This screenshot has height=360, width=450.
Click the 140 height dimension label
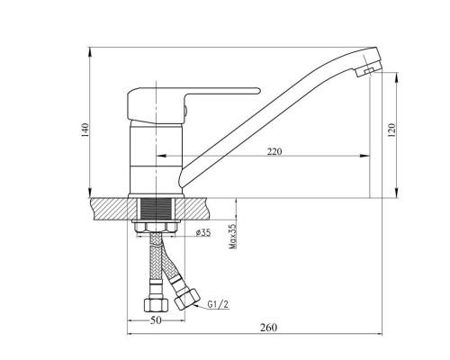pyautogui.click(x=85, y=130)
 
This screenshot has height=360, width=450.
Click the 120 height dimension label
pyautogui.click(x=391, y=130)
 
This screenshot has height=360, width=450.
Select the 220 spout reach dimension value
pyautogui.click(x=274, y=151)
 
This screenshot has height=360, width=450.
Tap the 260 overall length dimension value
pyautogui.click(x=268, y=328)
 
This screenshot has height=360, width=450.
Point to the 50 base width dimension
pyautogui.click(x=156, y=320)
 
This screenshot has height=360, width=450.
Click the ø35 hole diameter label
pyautogui.click(x=203, y=232)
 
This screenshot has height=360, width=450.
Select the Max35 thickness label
pyautogui.click(x=233, y=236)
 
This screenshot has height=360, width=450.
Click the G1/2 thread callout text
pyautogui.click(x=218, y=304)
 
